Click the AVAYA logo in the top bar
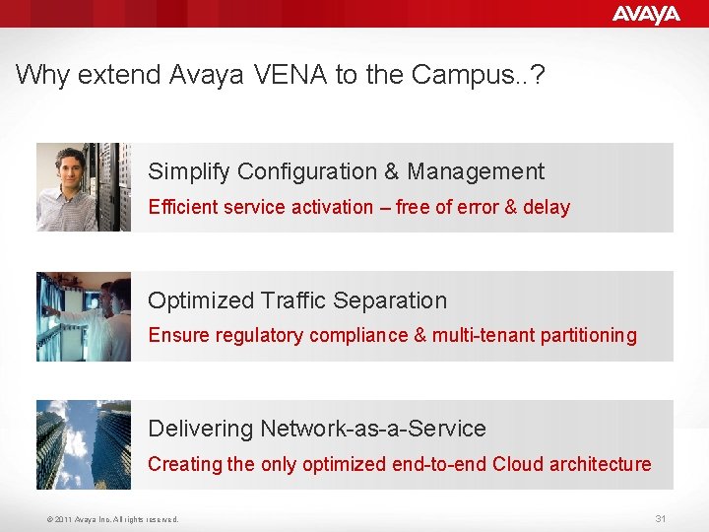[646, 14]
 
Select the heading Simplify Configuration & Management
[346, 171]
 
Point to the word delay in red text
[547, 207]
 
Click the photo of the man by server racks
[84, 187]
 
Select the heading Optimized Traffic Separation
[297, 300]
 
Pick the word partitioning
[588, 336]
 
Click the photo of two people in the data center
[84, 316]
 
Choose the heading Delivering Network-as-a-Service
[317, 429]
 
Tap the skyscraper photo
[84, 444]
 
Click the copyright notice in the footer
[111, 519]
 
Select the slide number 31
[661, 518]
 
